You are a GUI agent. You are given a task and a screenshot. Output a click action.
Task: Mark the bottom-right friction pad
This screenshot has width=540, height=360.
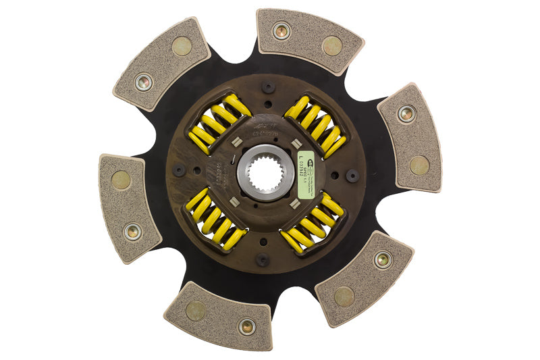coord(364,278)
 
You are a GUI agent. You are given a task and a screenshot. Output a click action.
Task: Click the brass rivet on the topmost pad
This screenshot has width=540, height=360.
coord(281,30)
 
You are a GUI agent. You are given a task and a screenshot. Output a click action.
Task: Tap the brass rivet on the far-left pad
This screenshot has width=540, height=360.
coord(133,231)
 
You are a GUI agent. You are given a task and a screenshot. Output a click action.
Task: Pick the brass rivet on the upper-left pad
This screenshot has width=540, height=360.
coord(143,82)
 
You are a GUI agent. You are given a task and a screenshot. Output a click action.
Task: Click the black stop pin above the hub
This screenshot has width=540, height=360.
coord(268,87)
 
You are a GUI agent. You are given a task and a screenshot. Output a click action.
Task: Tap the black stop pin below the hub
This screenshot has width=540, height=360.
coord(263,259)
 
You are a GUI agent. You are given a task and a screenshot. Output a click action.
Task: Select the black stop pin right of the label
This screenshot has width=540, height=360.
coord(352,176)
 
